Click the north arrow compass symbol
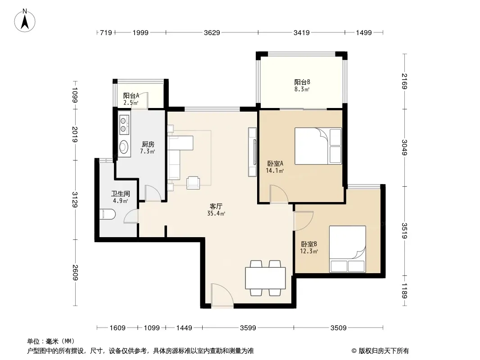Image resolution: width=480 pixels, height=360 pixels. click(x=25, y=21)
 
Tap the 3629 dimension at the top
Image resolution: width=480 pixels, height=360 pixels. click(x=212, y=32)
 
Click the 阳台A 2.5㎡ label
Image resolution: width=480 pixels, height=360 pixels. click(x=131, y=99)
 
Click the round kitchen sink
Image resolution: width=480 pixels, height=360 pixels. click(x=124, y=147)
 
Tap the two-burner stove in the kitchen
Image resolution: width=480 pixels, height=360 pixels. click(x=124, y=125)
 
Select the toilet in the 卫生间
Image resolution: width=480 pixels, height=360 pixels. click(x=108, y=214)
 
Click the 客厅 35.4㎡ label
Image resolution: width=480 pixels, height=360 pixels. click(x=216, y=210)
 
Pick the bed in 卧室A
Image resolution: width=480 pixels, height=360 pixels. click(x=318, y=146)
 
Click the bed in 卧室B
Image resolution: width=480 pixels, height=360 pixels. click(x=348, y=249)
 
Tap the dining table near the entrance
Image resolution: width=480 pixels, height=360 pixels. click(x=265, y=278)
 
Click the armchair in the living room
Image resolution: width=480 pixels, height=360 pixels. click(x=194, y=183)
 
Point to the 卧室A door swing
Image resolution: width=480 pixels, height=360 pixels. click(x=279, y=194)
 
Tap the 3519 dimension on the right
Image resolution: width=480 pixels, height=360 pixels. click(x=405, y=230)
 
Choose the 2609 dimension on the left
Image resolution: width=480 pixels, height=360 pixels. click(x=75, y=272)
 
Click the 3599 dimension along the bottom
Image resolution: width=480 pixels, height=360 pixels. click(x=248, y=328)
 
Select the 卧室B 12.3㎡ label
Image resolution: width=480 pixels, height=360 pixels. click(x=309, y=247)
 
